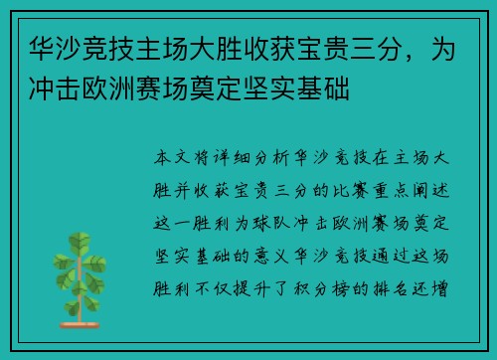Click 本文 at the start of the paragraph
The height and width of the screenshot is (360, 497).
(x=168, y=158)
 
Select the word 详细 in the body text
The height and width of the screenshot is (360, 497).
(x=232, y=158)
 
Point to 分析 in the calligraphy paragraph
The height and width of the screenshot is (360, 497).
(x=276, y=158)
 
